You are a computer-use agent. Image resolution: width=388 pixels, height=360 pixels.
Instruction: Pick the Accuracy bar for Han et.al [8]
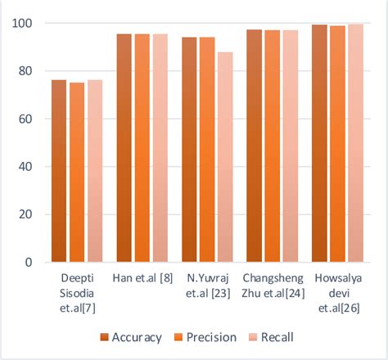click(124, 148)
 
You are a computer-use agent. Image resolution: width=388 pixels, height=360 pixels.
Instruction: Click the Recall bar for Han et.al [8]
click(160, 148)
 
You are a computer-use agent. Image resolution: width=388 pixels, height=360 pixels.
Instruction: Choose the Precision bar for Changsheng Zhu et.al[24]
click(272, 146)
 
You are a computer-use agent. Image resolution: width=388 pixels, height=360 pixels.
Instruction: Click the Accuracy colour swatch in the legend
click(104, 337)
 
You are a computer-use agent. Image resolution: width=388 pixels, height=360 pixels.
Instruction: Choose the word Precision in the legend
click(210, 337)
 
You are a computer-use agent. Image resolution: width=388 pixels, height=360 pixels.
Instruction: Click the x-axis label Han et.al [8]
click(142, 278)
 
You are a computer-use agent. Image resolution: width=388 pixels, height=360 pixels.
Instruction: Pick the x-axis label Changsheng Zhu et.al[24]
click(272, 285)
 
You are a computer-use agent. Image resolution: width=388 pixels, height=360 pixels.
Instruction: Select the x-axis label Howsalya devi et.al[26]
click(336, 291)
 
